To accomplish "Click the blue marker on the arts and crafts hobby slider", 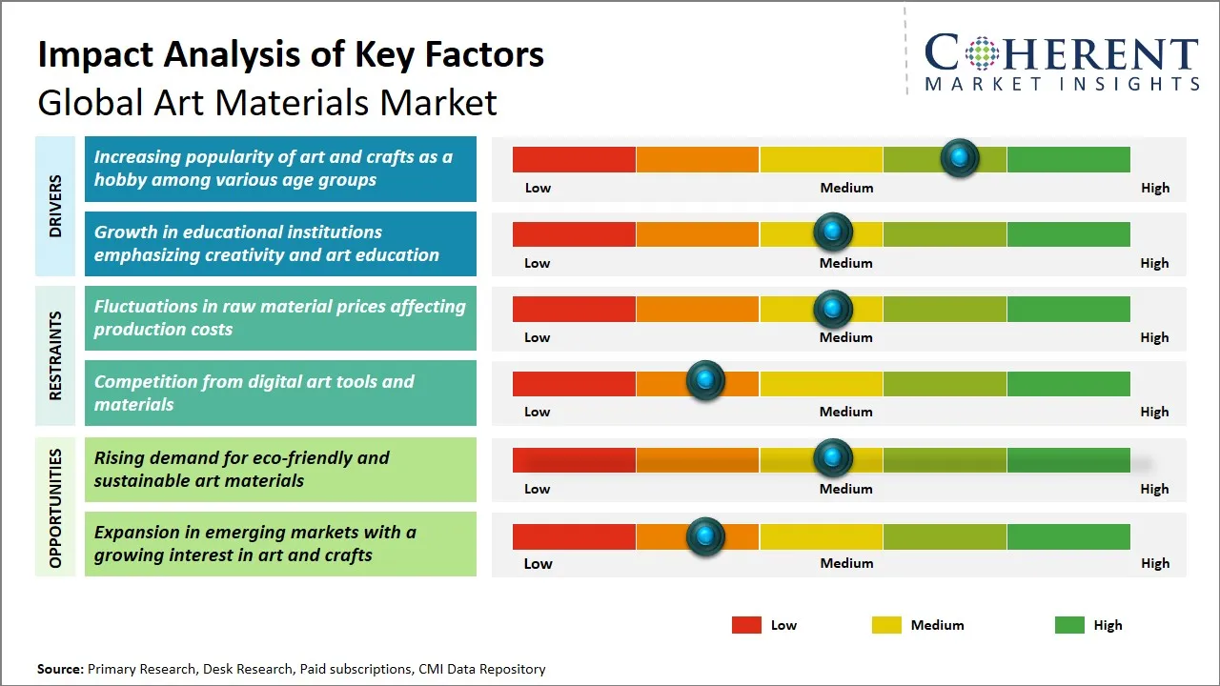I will pyautogui.click(x=960, y=157).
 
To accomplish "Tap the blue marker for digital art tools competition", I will pyautogui.click(x=705, y=381).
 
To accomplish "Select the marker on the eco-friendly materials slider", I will pyautogui.click(x=833, y=458).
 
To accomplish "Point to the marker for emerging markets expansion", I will pyautogui.click(x=705, y=536).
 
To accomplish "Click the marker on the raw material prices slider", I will pyautogui.click(x=833, y=308).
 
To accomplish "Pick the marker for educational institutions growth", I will pyautogui.click(x=833, y=232).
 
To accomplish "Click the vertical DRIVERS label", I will pyautogui.click(x=55, y=206).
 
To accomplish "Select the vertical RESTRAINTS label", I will pyautogui.click(x=55, y=355).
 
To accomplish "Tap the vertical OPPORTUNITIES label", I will pyautogui.click(x=55, y=508).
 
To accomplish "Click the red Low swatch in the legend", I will pyautogui.click(x=746, y=625).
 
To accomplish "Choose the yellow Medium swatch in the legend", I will pyautogui.click(x=886, y=625).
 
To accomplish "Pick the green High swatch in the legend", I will pyautogui.click(x=1069, y=625).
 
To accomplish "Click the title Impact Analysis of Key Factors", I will pyautogui.click(x=291, y=54).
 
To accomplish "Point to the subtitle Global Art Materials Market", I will pyautogui.click(x=267, y=102).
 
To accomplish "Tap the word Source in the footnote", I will pyautogui.click(x=60, y=669).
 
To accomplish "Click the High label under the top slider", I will pyautogui.click(x=1154, y=188).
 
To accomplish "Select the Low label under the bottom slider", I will pyautogui.click(x=538, y=563).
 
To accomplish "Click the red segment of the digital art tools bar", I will pyautogui.click(x=574, y=383).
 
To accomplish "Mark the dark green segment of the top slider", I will pyautogui.click(x=1067, y=159).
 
